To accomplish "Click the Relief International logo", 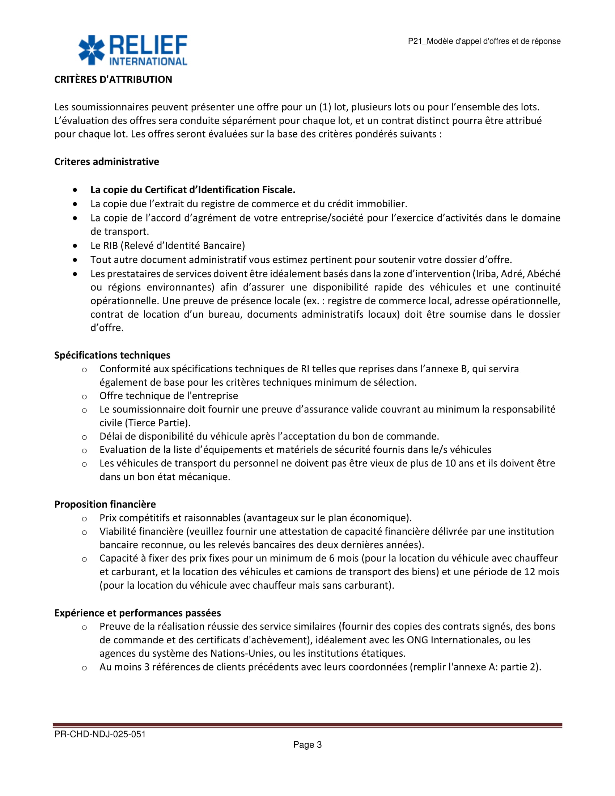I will pos(133,50).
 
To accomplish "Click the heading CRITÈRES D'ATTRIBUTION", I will pos(113,80).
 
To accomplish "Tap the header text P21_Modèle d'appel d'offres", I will pos(484,41).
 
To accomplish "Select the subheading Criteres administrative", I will pos(106,161).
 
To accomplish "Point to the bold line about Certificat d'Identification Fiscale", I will pos(193,190).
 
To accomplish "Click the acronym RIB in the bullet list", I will pos(110,246).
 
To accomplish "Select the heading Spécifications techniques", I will pos(112,355).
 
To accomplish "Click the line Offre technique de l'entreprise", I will pos(169,396).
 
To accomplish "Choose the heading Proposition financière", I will pos(105,504).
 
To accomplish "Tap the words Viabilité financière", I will pos(141,532).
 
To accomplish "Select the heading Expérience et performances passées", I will pos(138,613).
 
